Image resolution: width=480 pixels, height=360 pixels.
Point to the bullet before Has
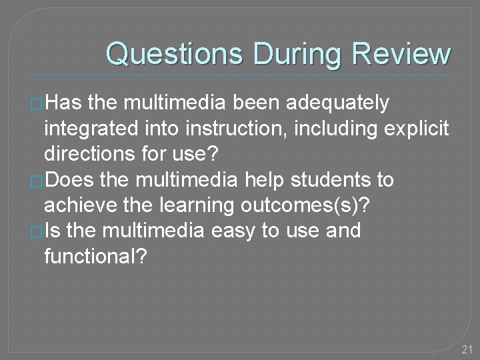point(37,105)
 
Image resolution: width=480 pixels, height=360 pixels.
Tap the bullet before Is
point(37,233)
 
